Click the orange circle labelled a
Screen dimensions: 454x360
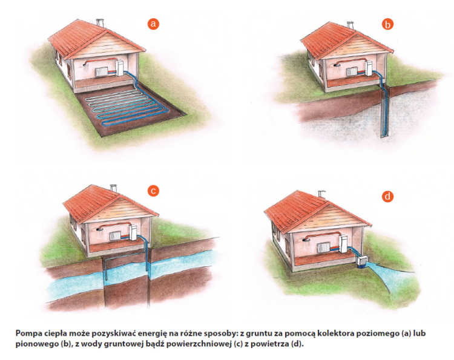point(153,24)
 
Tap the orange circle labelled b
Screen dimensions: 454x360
point(387,24)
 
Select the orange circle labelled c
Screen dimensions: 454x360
point(153,191)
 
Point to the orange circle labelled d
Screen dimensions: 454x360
point(387,197)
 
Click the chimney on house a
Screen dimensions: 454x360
point(100,23)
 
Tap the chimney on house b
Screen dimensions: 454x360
point(350,25)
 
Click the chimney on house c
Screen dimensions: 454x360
point(113,188)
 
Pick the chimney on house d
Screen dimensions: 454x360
point(321,194)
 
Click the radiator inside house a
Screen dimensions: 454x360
point(101,72)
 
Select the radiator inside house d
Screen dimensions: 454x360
point(323,247)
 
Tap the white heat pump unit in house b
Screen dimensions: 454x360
point(369,69)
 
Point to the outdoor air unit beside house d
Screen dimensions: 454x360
point(361,262)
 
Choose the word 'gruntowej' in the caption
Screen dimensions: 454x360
point(124,345)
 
